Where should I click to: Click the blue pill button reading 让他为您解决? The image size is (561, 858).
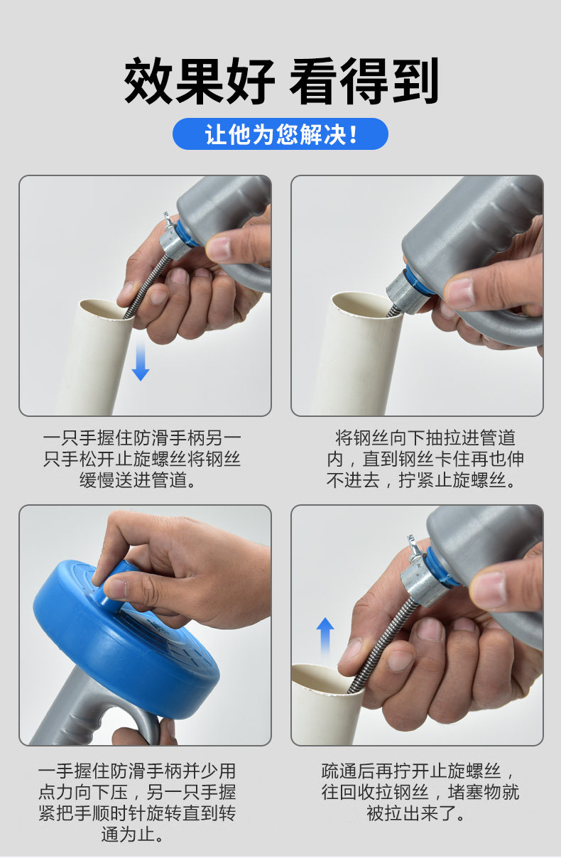(x=280, y=134)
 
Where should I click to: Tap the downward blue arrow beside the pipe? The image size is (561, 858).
(x=140, y=362)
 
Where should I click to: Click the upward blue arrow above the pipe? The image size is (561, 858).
(x=325, y=636)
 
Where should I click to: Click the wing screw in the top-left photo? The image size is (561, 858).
(x=168, y=222)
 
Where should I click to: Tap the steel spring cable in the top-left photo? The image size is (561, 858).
(x=147, y=285)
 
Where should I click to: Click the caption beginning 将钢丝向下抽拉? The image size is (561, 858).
(x=425, y=459)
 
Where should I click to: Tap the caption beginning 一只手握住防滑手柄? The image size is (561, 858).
(x=142, y=459)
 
